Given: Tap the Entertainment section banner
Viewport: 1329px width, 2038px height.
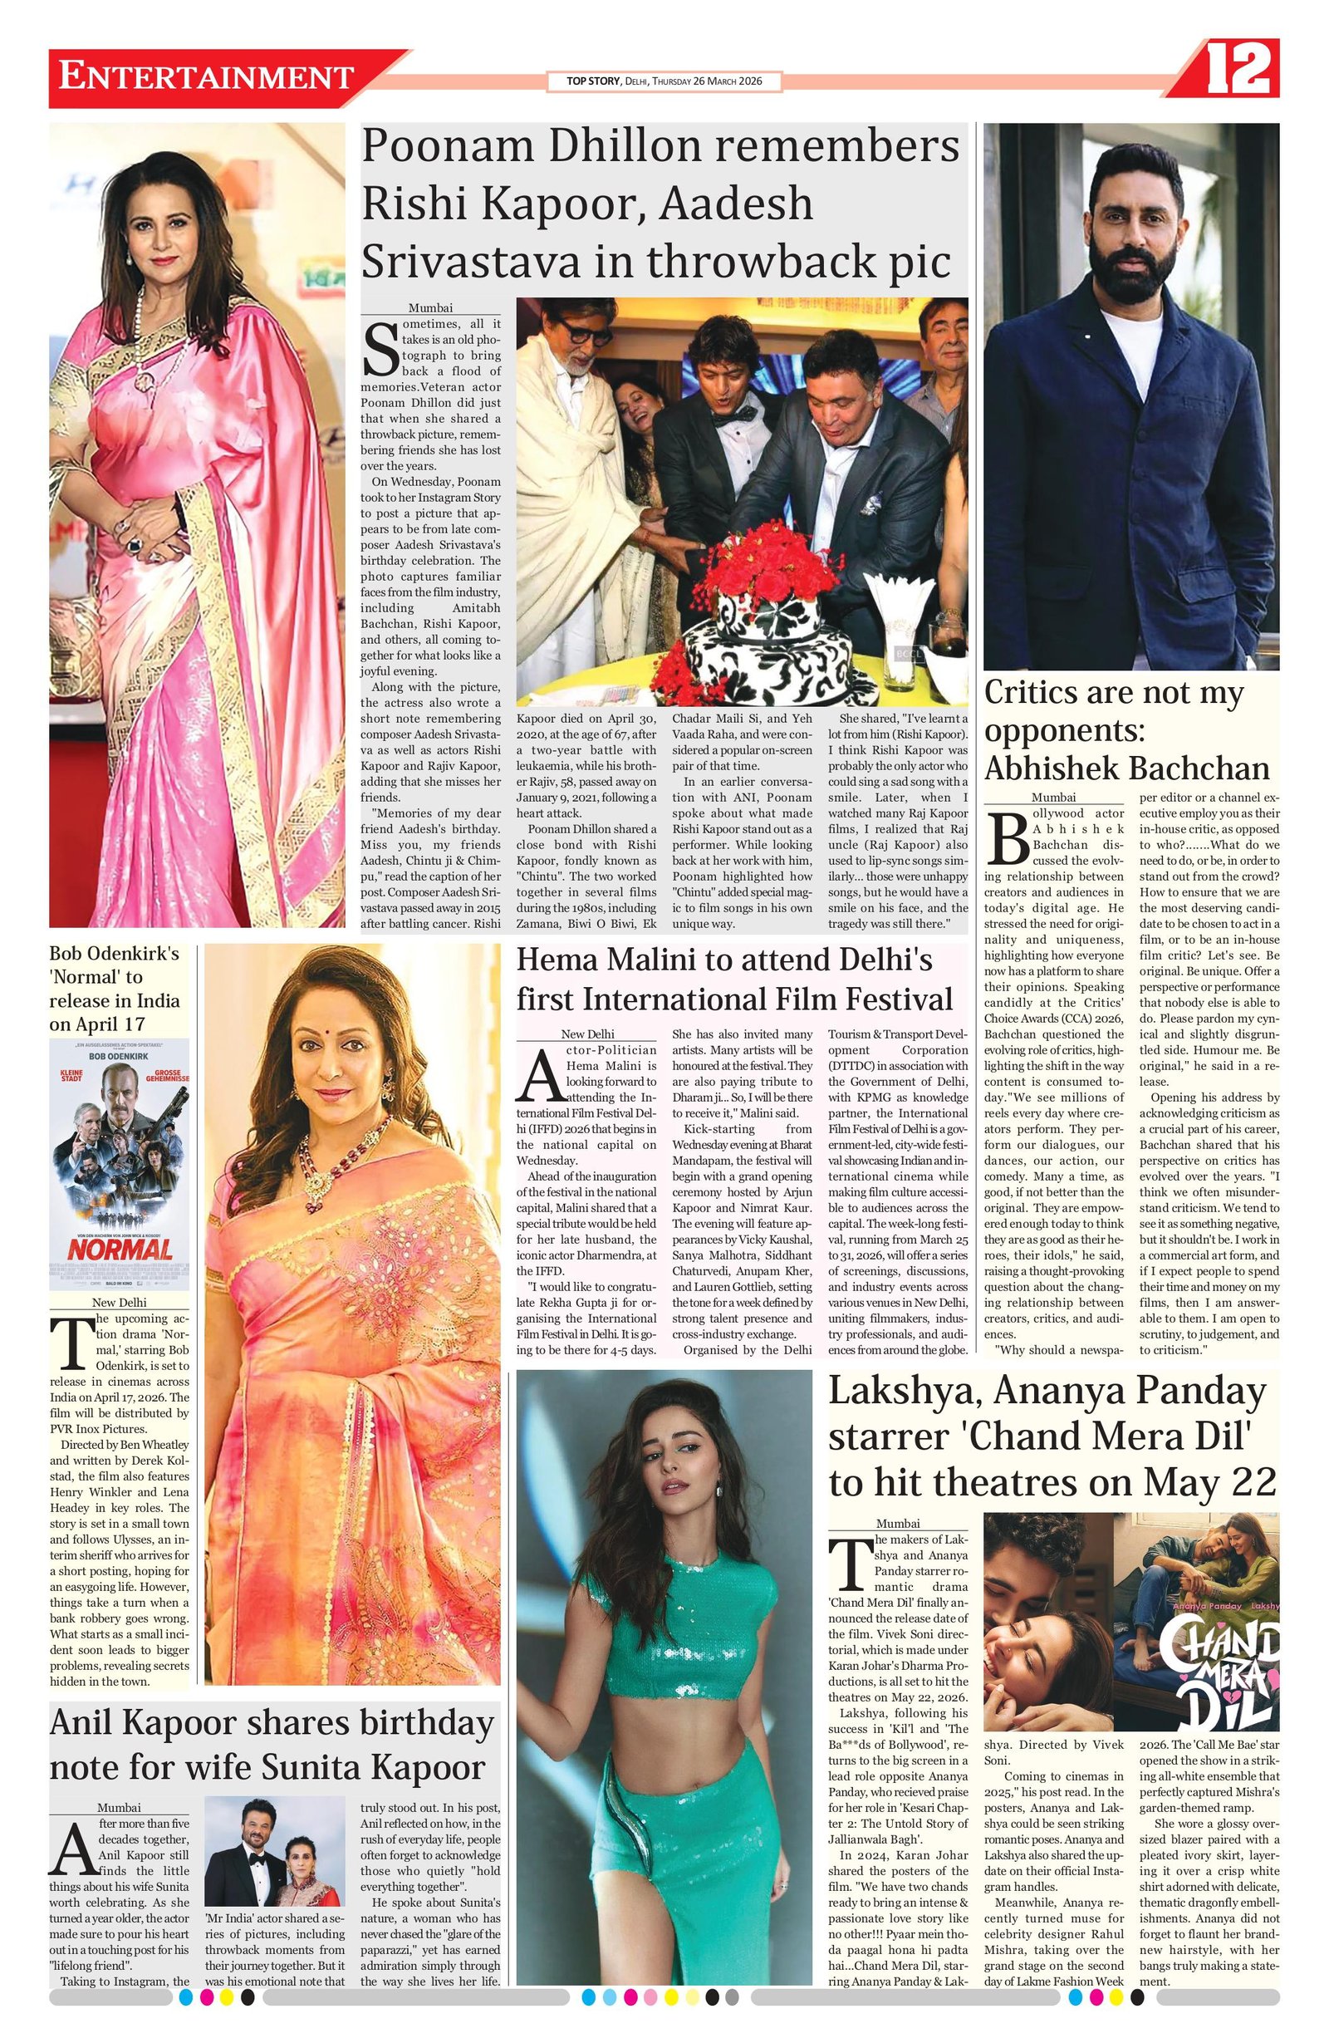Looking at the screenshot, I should point(205,77).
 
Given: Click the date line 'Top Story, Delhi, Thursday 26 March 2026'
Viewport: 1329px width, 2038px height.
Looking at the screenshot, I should point(664,81).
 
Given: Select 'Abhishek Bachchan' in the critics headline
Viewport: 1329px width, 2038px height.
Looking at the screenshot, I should point(1126,769).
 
